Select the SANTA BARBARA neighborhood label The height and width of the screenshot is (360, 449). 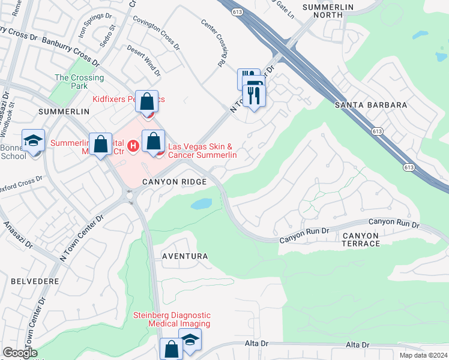pyautogui.click(x=371, y=105)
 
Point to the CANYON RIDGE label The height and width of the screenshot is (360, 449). pyautogui.click(x=174, y=181)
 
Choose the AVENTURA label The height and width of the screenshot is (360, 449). pyautogui.click(x=185, y=256)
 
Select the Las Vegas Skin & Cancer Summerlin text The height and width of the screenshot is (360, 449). pyautogui.click(x=202, y=151)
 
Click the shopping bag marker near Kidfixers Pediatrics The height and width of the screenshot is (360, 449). pyautogui.click(x=146, y=102)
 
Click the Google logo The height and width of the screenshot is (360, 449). pyautogui.click(x=20, y=353)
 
